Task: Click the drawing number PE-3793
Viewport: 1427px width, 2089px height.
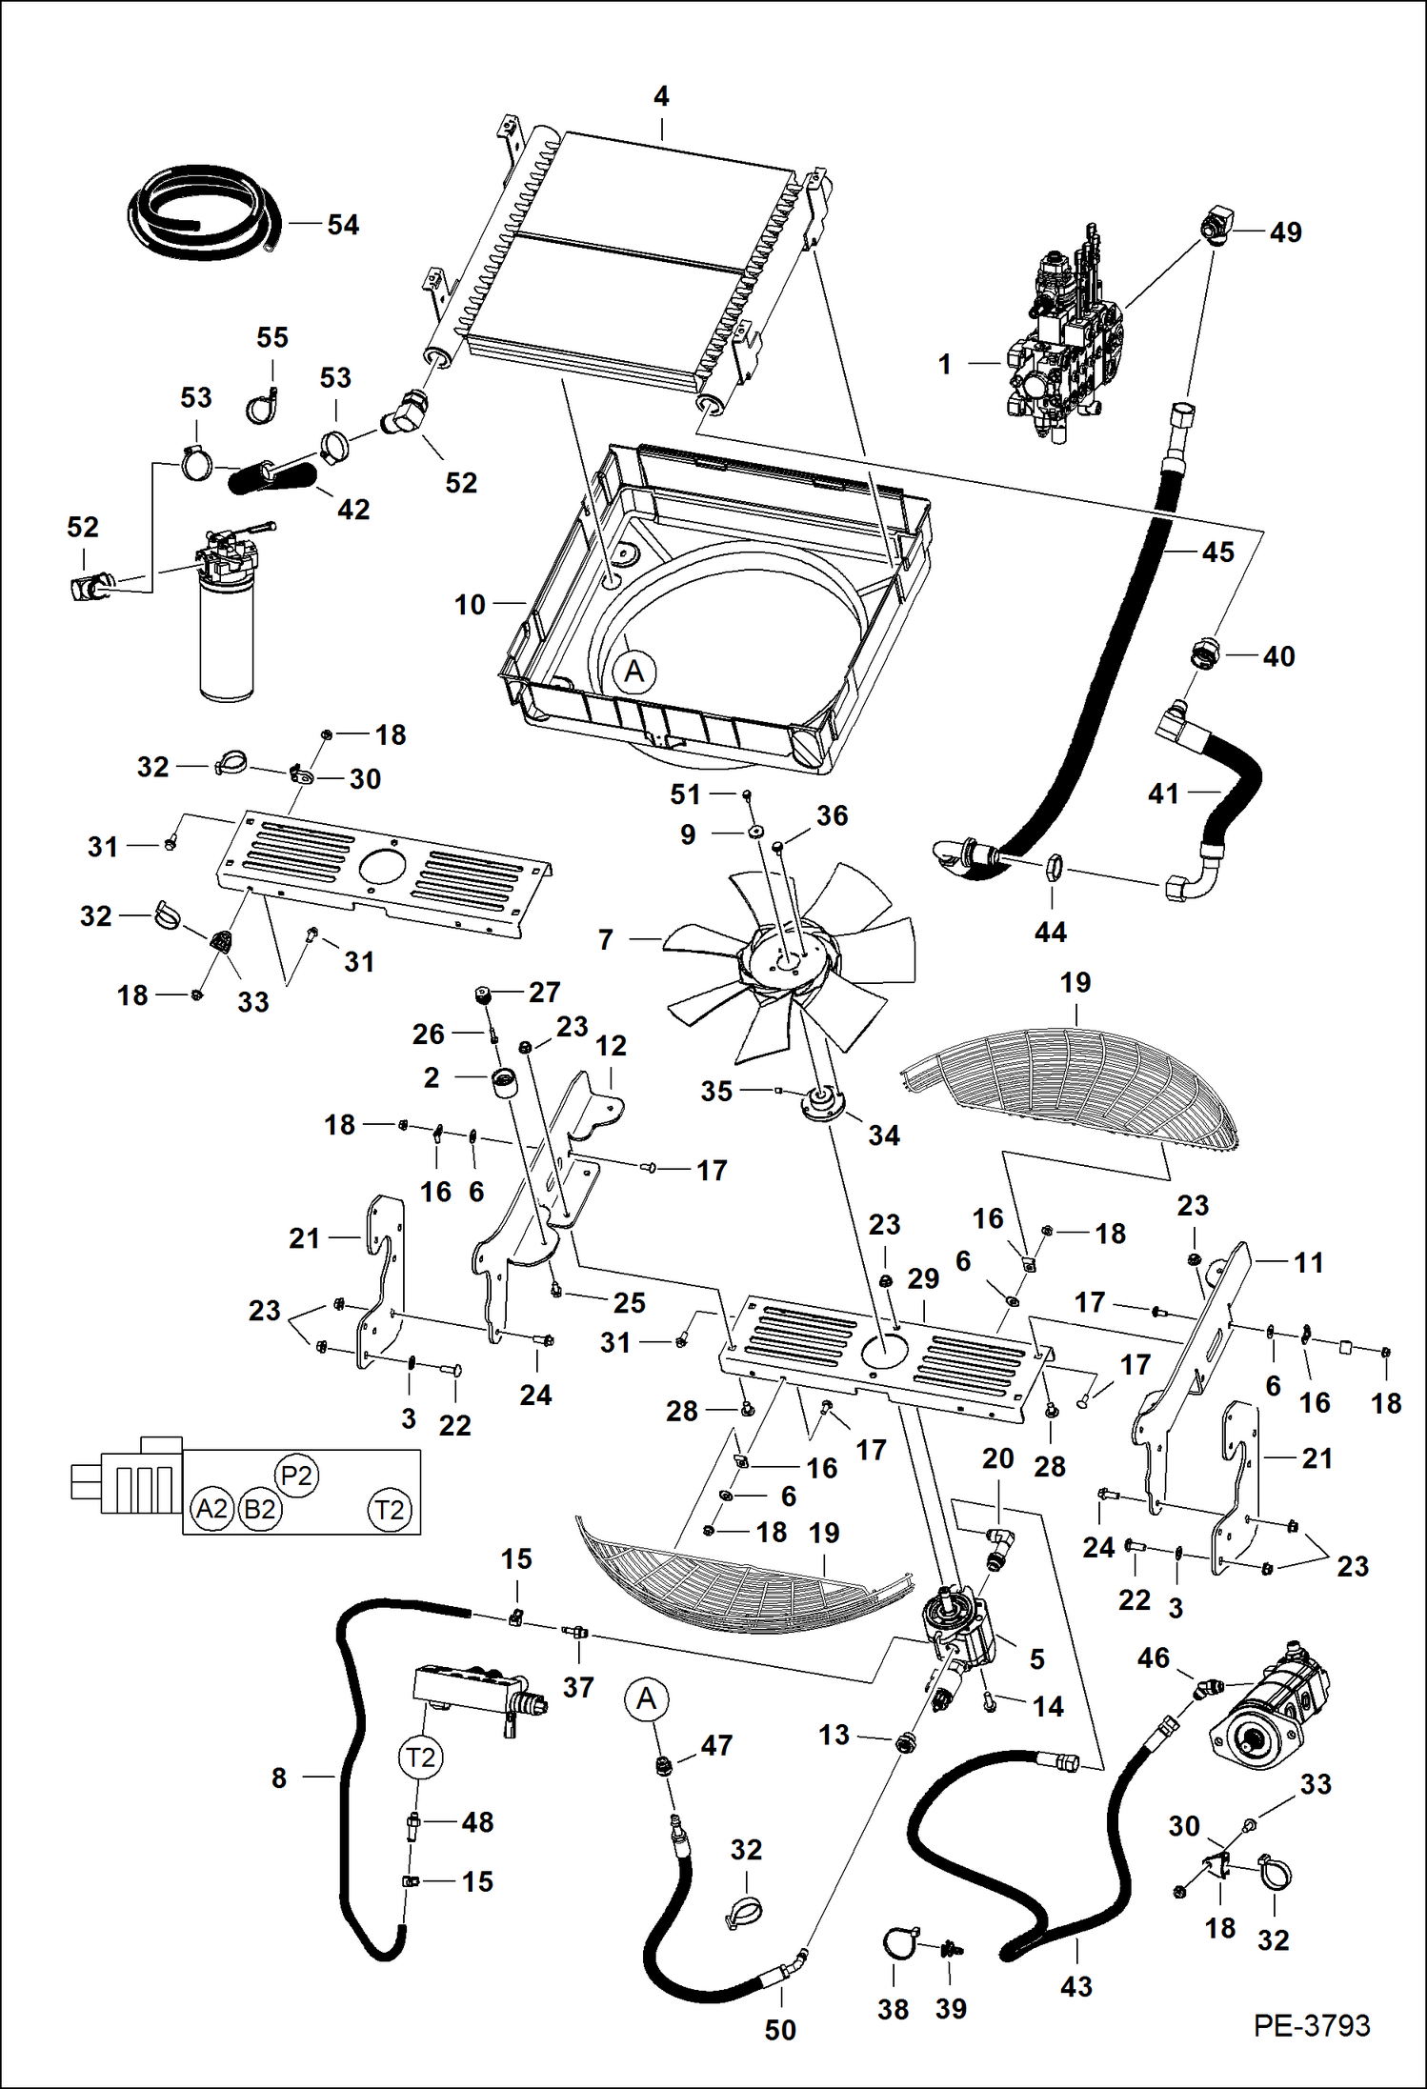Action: (x=1311, y=2024)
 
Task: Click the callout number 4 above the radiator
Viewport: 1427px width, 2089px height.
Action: (x=661, y=96)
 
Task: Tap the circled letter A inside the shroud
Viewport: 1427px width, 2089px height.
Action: (x=634, y=672)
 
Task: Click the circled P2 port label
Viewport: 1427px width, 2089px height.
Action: (x=296, y=1476)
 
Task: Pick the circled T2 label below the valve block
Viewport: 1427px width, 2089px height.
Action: (x=420, y=1757)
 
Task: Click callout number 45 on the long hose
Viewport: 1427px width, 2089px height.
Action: (x=1217, y=552)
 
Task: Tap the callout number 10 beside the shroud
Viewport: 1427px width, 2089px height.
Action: (x=470, y=604)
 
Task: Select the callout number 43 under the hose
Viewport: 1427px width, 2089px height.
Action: (x=1075, y=1986)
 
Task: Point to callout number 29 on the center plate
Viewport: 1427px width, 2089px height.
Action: (x=923, y=1278)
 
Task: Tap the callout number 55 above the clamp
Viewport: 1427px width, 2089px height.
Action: (x=272, y=337)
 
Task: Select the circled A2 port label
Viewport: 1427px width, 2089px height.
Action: (x=211, y=1509)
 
